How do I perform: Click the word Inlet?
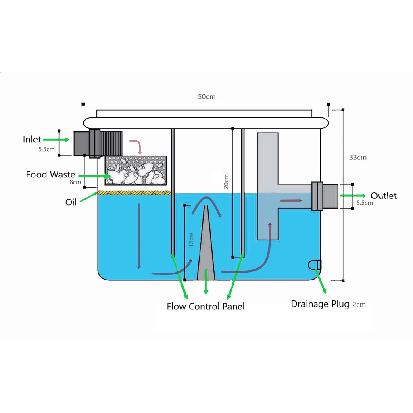click(32, 140)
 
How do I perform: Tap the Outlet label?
click(384, 196)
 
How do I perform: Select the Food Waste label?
click(50, 175)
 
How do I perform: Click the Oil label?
click(71, 202)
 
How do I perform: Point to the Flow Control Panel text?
click(205, 307)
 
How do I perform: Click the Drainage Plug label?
click(320, 304)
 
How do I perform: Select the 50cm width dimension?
click(206, 97)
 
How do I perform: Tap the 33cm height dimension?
click(358, 157)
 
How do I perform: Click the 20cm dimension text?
click(226, 181)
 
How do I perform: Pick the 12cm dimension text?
click(191, 240)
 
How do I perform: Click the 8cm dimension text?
click(75, 182)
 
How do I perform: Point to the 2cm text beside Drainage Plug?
click(359, 305)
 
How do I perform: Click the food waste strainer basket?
click(136, 170)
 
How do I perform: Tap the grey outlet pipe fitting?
click(325, 196)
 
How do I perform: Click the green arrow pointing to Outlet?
click(353, 196)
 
